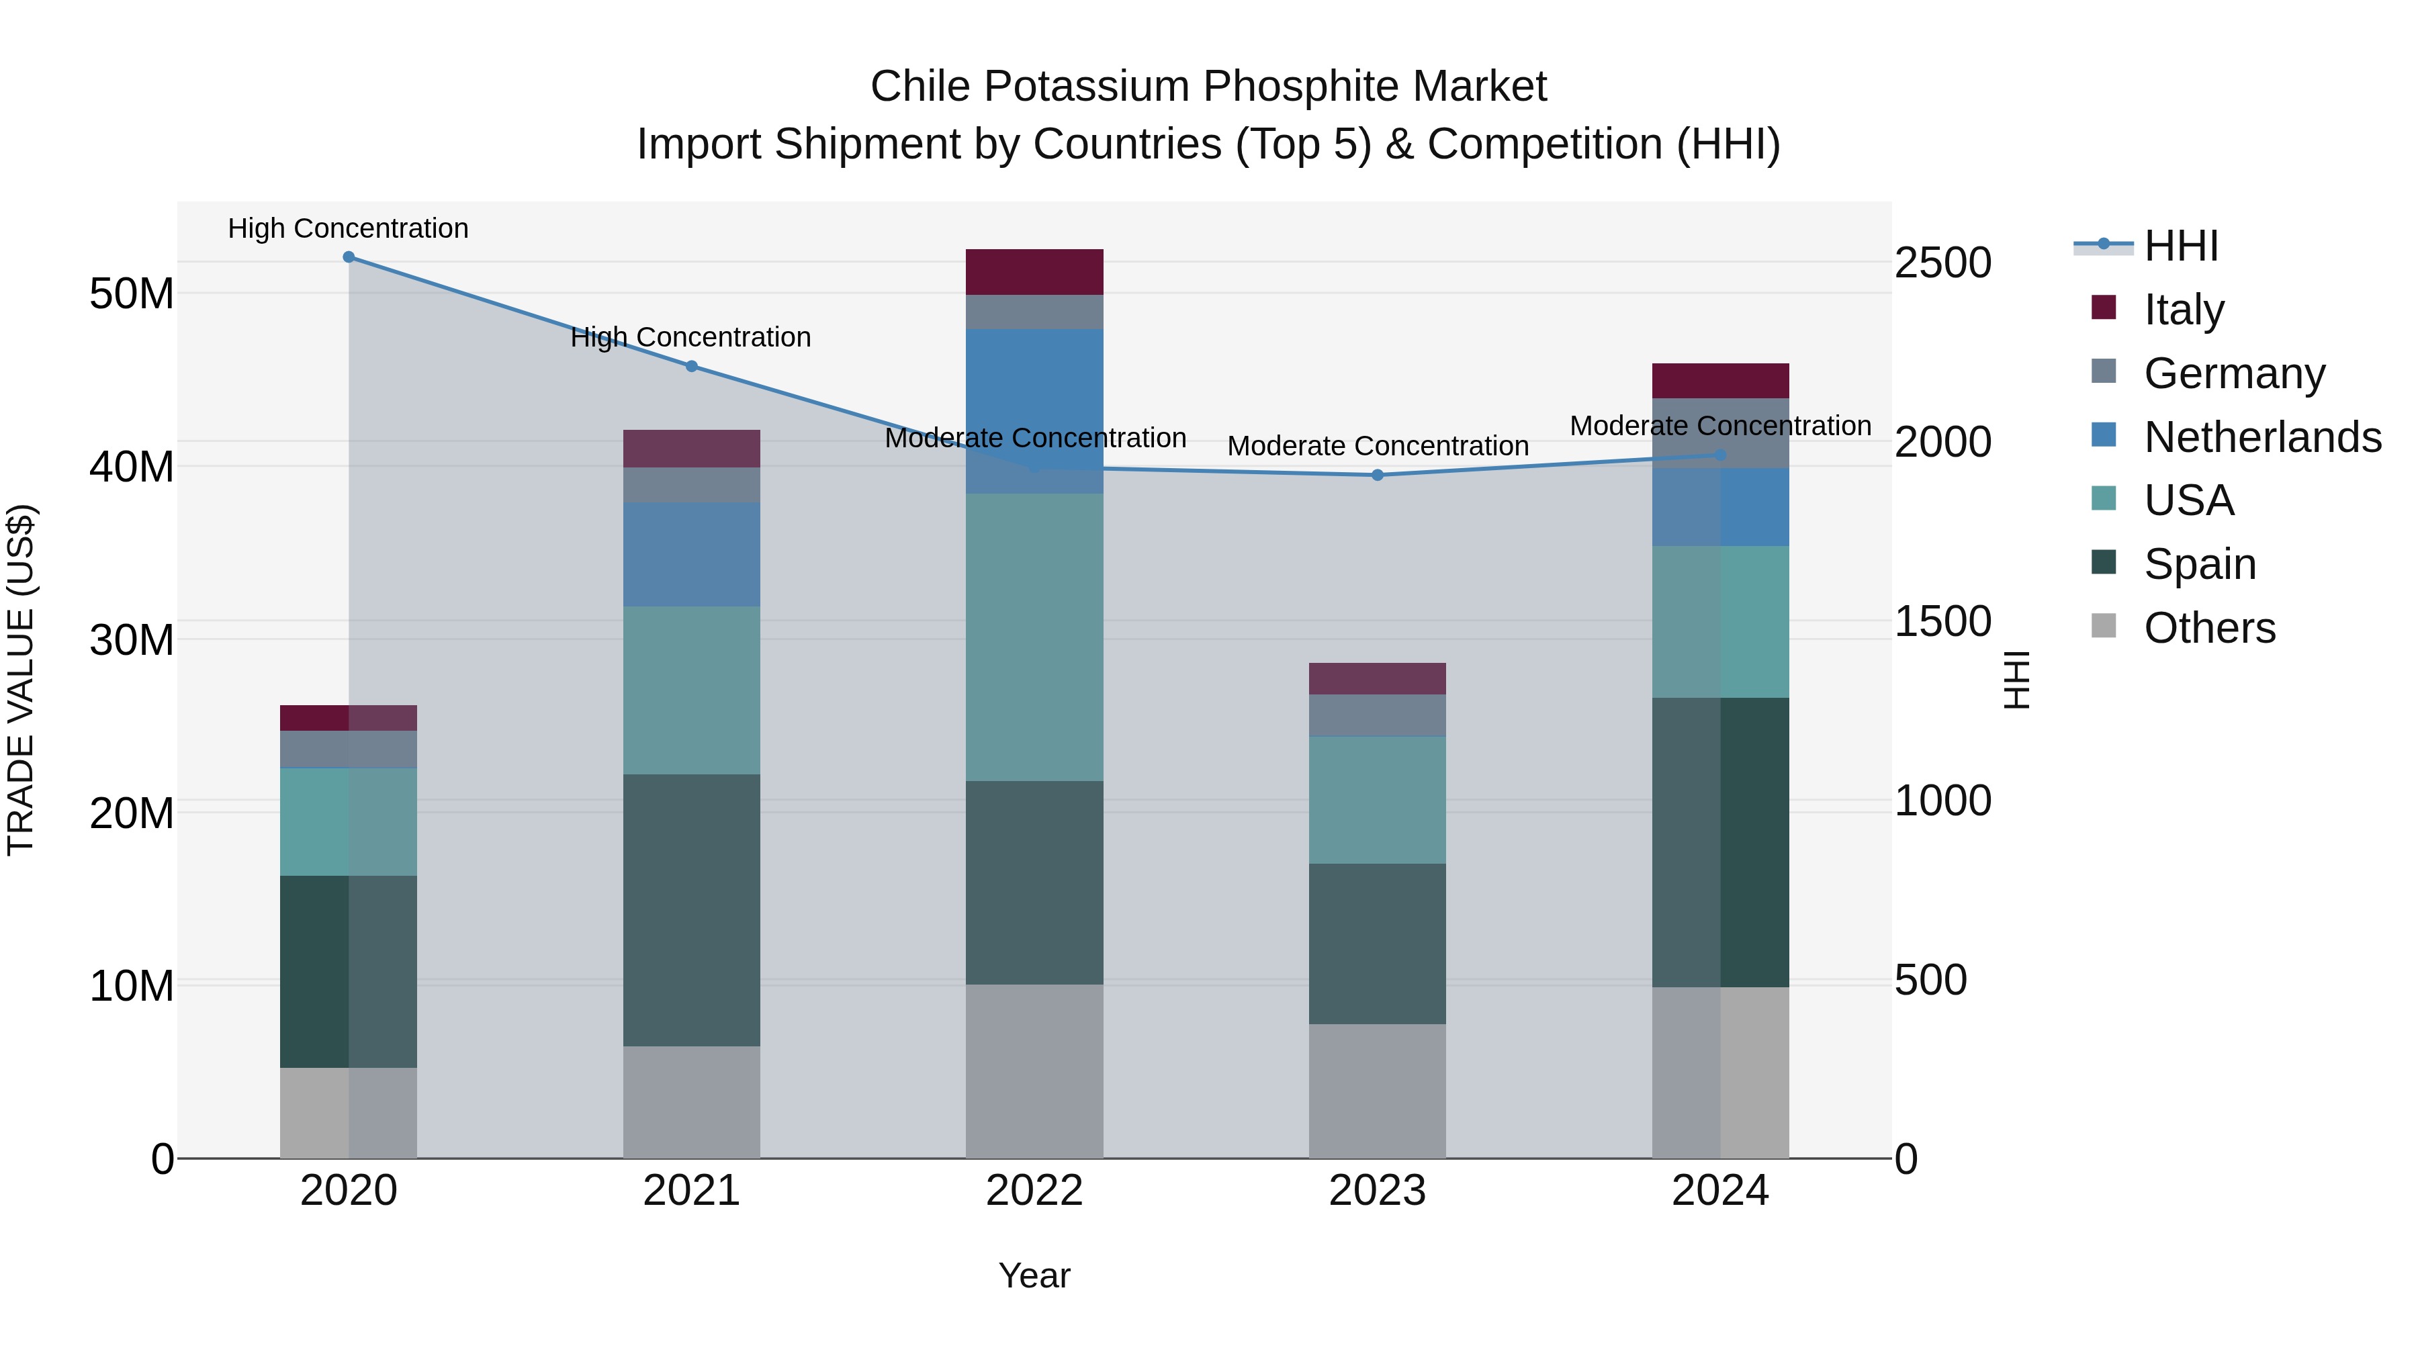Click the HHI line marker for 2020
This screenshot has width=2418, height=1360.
click(348, 257)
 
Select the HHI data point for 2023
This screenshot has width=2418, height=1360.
click(1377, 475)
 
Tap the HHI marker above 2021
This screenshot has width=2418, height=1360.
click(692, 366)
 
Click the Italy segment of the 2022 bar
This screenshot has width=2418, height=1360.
click(1034, 272)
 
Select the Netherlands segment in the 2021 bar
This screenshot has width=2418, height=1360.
click(692, 554)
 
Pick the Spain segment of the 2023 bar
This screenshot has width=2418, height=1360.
click(1377, 944)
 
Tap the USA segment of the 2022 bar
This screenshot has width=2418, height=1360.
click(1034, 637)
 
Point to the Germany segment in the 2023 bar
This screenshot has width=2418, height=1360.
click(1377, 715)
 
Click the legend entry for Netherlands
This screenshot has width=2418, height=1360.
click(2262, 437)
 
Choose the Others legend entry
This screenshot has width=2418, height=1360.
click(2208, 628)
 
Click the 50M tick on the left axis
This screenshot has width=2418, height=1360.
click(132, 293)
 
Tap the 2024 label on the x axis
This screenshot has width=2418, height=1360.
click(1719, 1191)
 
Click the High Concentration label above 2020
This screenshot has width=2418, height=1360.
click(348, 228)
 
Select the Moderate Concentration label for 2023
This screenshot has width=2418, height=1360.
click(1377, 446)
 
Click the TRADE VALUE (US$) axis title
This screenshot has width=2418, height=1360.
click(21, 680)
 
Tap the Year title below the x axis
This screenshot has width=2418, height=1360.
click(1034, 1275)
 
